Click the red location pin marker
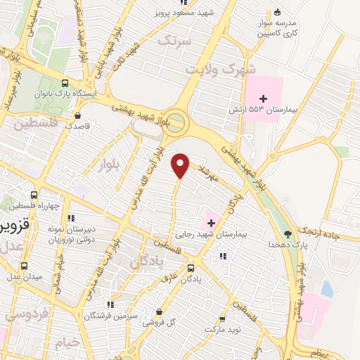(x=181, y=164)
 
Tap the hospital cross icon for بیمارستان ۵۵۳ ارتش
(x=264, y=98)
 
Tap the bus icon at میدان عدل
(x=25, y=266)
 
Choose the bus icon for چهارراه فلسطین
(x=34, y=195)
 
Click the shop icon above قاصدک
(x=77, y=116)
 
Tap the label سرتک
(x=174, y=41)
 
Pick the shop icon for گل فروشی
(x=160, y=312)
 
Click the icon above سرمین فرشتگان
(x=110, y=305)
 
